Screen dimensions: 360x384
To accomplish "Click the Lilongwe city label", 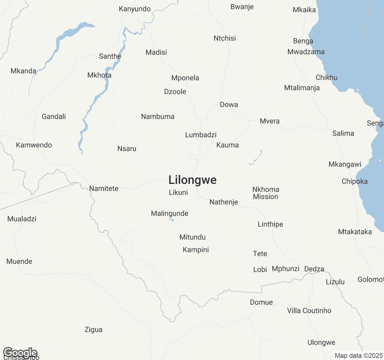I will (x=192, y=180).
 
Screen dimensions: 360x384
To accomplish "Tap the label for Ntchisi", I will (x=225, y=38).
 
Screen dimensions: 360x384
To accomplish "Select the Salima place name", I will (x=343, y=133).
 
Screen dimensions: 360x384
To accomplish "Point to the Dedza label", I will (x=314, y=269).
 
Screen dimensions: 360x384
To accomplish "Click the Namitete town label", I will (x=104, y=189).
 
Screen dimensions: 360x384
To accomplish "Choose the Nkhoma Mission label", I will (x=265, y=193).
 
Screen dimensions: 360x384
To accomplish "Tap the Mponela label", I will (x=185, y=78).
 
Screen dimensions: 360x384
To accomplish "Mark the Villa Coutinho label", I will (x=309, y=311).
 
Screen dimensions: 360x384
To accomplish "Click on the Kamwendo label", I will (x=34, y=145).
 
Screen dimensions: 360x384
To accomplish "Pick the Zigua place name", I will (x=93, y=330).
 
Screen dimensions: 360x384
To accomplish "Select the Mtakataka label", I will (x=355, y=232).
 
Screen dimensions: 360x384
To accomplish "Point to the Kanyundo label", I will (x=135, y=9).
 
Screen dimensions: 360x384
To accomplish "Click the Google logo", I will (x=20, y=352).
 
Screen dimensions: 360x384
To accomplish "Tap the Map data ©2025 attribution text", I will (x=358, y=356).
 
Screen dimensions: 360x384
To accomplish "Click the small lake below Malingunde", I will (x=172, y=220).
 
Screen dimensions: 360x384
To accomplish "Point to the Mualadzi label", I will (x=22, y=219).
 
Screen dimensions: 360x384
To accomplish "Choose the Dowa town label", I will (x=229, y=105).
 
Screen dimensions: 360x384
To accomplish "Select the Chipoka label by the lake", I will (x=355, y=181).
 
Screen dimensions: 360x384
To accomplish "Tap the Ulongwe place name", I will (x=321, y=343).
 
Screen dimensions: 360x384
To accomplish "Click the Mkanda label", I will (x=23, y=71).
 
